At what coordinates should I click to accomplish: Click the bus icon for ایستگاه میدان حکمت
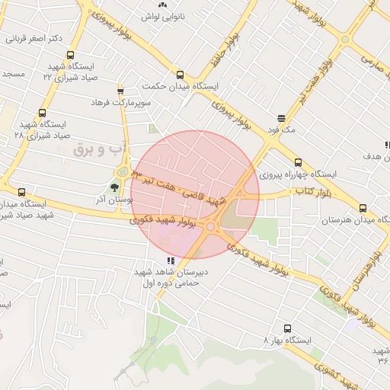pyautogui.click(x=181, y=75)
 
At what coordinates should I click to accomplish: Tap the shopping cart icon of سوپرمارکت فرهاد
pyautogui.click(x=120, y=91)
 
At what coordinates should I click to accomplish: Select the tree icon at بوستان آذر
pyautogui.click(x=115, y=186)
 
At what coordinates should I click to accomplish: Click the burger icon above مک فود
pyautogui.click(x=282, y=118)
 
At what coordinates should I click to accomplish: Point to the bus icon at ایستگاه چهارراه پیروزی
pyautogui.click(x=297, y=162)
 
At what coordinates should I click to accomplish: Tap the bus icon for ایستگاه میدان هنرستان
pyautogui.click(x=363, y=208)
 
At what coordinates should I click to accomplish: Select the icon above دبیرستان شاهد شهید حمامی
pyautogui.click(x=171, y=261)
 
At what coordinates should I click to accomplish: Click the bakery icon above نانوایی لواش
pyautogui.click(x=163, y=4)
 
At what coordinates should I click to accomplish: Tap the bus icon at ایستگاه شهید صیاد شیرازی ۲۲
pyautogui.click(x=71, y=55)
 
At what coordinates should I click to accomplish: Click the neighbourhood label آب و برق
pyautogui.click(x=92, y=149)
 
